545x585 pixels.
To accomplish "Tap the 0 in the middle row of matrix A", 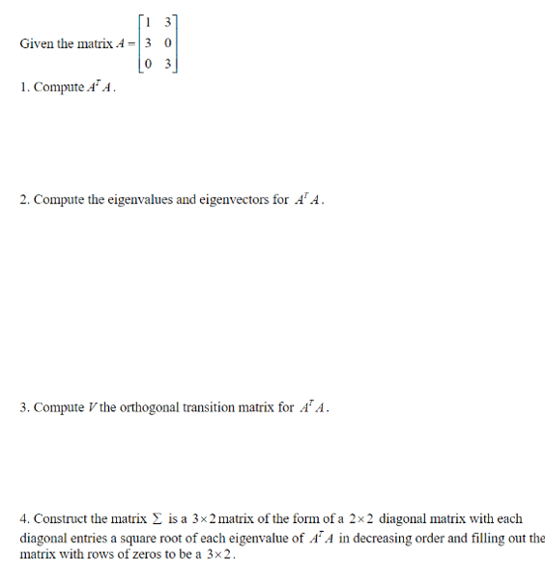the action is click(x=167, y=44).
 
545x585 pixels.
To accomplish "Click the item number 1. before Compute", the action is click(x=23, y=89).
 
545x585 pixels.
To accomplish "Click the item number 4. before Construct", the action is click(x=24, y=519).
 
